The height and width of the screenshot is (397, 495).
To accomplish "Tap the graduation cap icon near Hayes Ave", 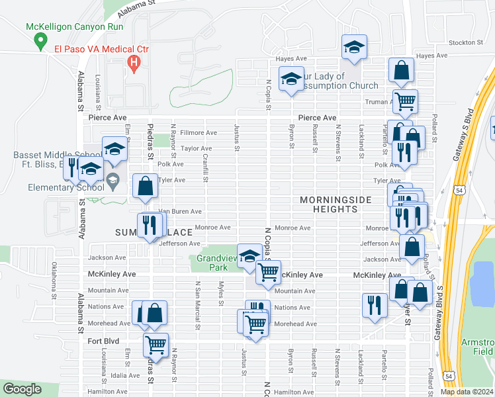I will click(354, 47).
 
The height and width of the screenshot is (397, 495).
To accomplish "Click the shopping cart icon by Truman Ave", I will click(404, 101).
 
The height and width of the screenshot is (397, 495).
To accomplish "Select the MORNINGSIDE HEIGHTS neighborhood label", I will click(329, 204).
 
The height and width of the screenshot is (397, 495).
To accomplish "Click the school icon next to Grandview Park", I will click(249, 256).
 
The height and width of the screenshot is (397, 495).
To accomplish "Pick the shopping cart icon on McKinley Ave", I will click(268, 271).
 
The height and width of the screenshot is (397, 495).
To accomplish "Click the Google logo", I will click(22, 389).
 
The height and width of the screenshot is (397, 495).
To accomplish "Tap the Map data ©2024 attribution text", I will click(467, 392).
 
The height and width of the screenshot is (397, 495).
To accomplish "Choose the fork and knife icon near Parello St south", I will click(375, 305).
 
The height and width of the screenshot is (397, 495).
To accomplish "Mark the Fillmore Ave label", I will click(189, 133).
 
